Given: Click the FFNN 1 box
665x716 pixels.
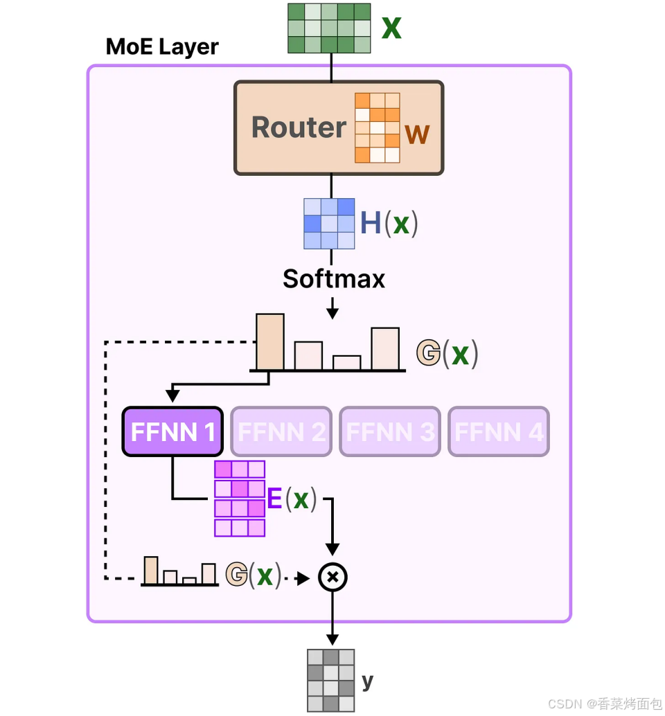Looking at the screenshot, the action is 172,431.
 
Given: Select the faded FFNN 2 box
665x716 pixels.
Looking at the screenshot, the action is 281,431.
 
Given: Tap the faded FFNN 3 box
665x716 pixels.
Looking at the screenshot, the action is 390,431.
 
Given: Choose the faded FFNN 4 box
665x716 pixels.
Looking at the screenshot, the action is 499,431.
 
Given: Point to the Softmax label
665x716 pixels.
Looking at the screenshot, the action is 334,278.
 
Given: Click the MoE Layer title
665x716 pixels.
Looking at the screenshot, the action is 162,46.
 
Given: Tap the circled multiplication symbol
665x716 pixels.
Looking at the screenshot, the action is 332,578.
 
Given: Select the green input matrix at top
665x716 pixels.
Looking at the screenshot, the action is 329,28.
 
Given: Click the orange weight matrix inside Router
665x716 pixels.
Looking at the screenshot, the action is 378,128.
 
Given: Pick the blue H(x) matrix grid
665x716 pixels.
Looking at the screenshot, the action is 329,224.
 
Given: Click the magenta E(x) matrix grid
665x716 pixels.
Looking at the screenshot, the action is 240,499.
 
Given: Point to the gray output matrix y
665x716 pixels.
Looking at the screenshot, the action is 331,681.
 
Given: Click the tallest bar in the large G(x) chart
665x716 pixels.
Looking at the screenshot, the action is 270,341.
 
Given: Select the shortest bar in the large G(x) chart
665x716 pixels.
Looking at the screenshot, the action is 346,363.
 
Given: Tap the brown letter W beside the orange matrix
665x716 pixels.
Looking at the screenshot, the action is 417,134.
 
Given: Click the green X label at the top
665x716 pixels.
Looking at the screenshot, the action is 391,28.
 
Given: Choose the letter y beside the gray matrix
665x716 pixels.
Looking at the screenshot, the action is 368,682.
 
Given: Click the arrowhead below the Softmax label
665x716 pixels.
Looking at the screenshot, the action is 332,313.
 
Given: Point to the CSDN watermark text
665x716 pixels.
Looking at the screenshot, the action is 605,704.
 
